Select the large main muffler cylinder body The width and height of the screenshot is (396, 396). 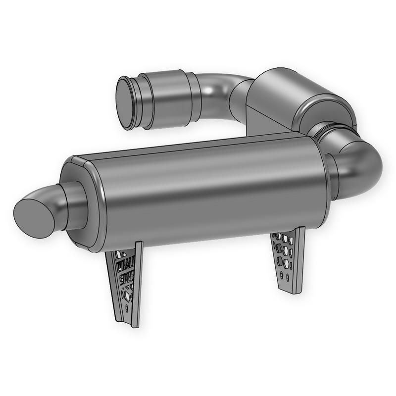[x=208, y=193]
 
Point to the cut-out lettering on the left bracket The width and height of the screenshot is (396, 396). [x=126, y=272]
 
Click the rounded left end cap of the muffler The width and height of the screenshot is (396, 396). [x=82, y=203]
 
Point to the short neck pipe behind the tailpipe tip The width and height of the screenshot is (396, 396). [x=69, y=205]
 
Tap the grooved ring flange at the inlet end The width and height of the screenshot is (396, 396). [x=141, y=101]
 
